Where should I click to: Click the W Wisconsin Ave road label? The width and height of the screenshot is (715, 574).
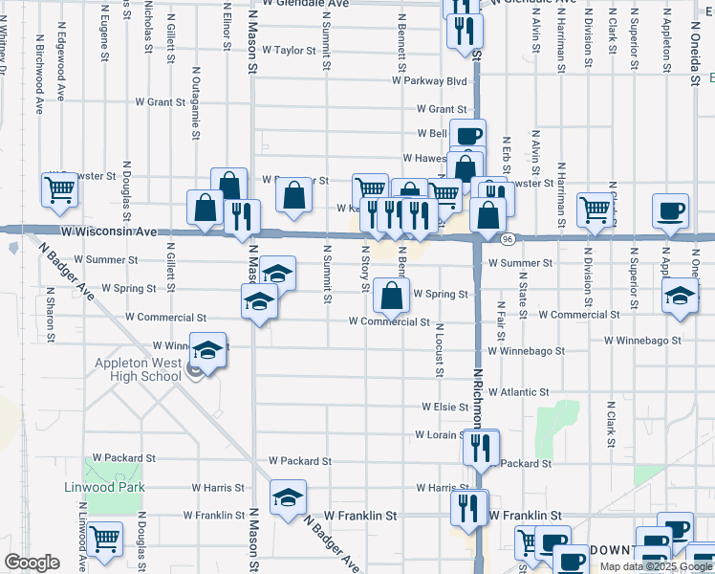point(111,232)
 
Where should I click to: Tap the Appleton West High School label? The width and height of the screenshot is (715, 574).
point(138,369)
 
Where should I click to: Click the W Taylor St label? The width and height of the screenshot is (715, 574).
point(289,50)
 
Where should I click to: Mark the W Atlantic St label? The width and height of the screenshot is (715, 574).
point(518,392)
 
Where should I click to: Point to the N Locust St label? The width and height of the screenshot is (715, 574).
point(439,351)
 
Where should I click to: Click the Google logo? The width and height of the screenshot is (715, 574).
point(32,563)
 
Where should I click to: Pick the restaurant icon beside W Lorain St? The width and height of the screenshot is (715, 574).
point(480,447)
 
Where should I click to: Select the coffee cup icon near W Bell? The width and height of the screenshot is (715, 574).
point(467,136)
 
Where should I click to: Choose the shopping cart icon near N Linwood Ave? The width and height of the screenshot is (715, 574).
point(104,539)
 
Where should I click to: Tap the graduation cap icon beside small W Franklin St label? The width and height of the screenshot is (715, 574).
point(287,497)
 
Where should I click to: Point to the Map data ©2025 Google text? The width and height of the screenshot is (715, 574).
point(656,566)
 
